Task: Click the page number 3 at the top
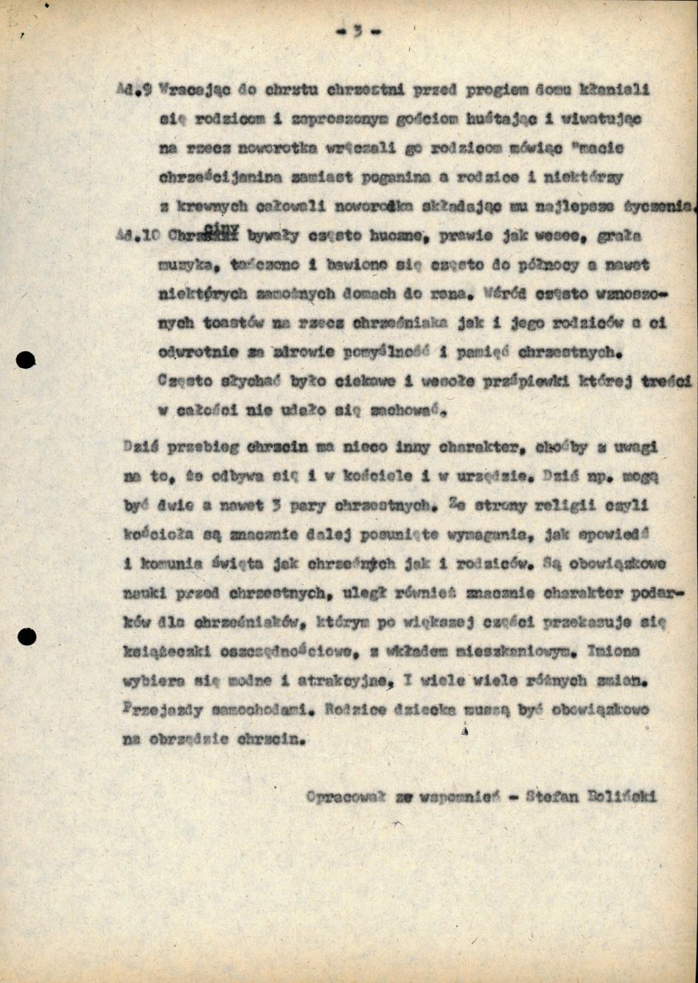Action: pyautogui.click(x=357, y=31)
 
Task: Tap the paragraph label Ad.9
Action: pyautogui.click(x=134, y=89)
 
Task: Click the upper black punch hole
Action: pyautogui.click(x=26, y=360)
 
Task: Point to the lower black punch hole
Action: pyautogui.click(x=27, y=636)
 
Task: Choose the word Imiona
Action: pyautogui.click(x=614, y=651)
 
